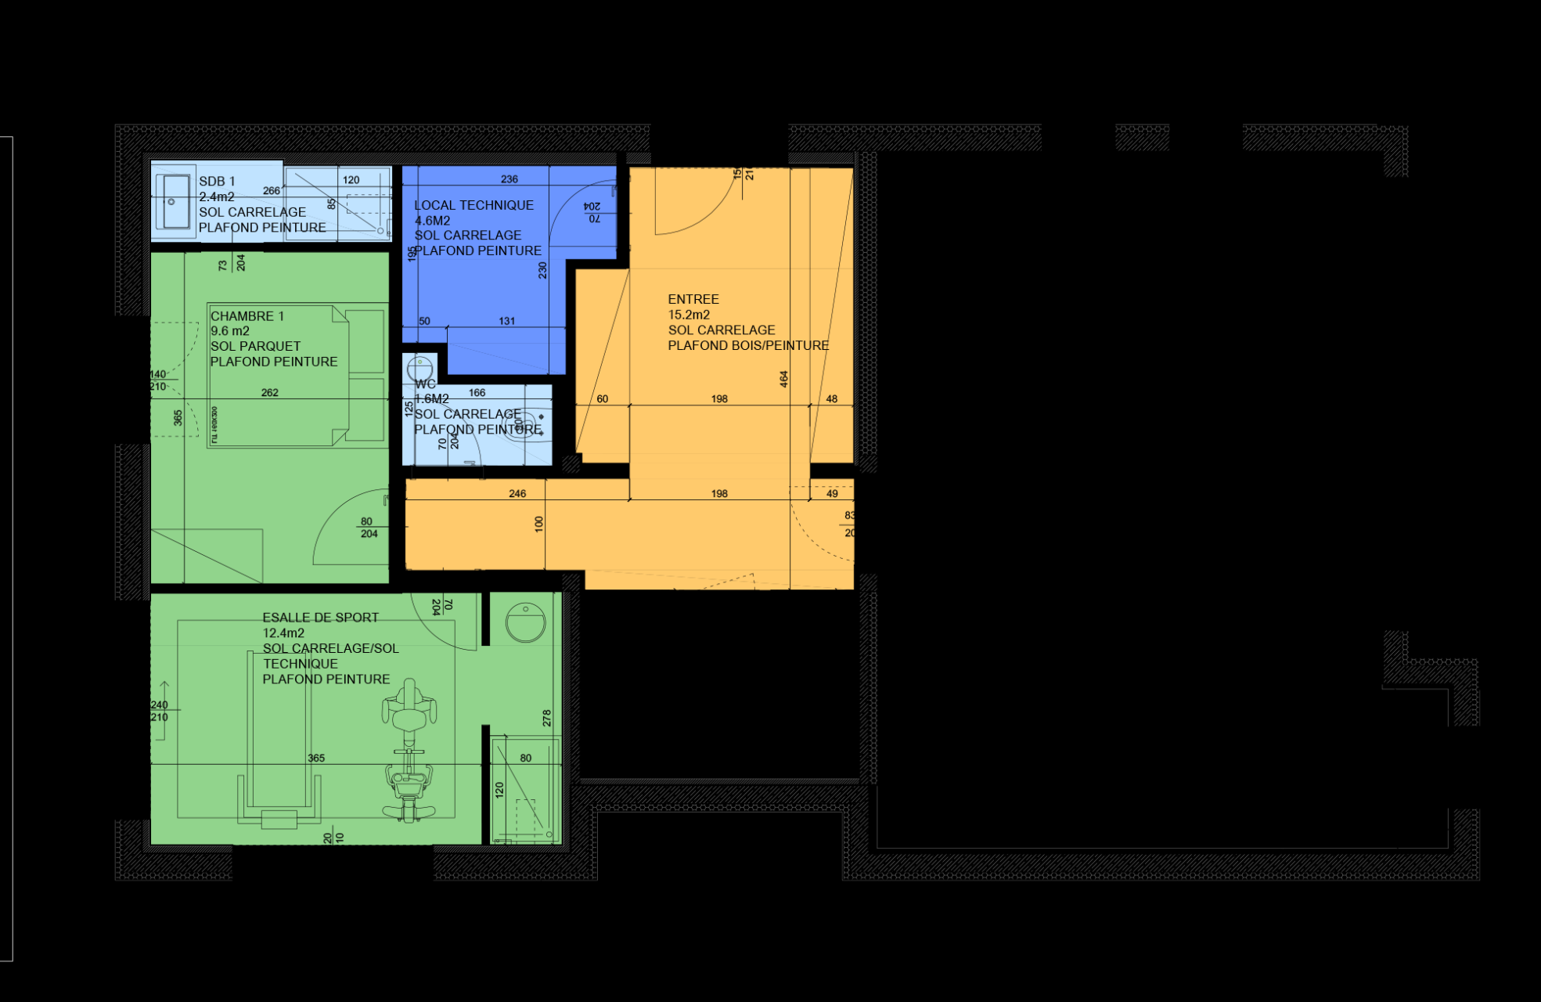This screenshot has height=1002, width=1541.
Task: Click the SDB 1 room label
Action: pyautogui.click(x=217, y=182)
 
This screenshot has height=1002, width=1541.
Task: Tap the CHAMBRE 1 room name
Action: pyautogui.click(x=247, y=316)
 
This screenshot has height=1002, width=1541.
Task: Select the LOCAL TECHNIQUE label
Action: pyautogui.click(x=473, y=205)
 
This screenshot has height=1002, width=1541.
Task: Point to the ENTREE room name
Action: pyautogui.click(x=693, y=299)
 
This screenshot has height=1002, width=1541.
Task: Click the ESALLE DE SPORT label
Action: pyautogui.click(x=320, y=618)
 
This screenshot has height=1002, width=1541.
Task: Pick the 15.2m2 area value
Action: pyautogui.click(x=689, y=315)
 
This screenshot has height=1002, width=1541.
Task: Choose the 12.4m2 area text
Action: pyautogui.click(x=283, y=633)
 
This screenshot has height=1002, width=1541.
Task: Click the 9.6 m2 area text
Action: pyautogui.click(x=230, y=331)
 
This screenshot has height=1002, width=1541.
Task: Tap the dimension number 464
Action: pyautogui.click(x=783, y=380)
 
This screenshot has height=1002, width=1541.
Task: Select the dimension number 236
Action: pyautogui.click(x=509, y=179)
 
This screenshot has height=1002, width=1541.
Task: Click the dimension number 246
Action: pyautogui.click(x=517, y=494)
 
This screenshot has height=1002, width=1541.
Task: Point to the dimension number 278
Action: pyautogui.click(x=546, y=718)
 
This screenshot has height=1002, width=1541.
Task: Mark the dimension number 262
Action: pyautogui.click(x=270, y=393)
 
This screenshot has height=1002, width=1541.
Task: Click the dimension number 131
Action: pyautogui.click(x=507, y=321)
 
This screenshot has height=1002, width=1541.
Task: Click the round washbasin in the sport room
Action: pyautogui.click(x=525, y=622)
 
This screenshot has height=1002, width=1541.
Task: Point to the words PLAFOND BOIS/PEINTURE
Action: pyautogui.click(x=748, y=346)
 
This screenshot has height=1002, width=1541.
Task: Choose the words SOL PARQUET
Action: pyautogui.click(x=255, y=346)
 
